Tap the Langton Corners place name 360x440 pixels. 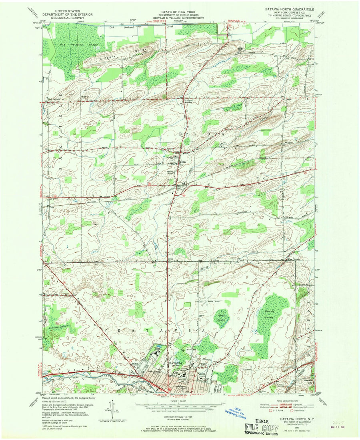(189, 102)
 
